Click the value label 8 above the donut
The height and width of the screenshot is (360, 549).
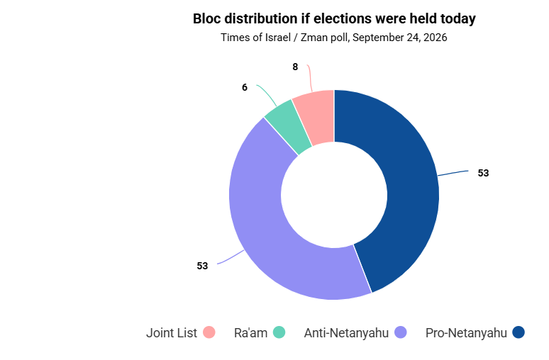(295, 67)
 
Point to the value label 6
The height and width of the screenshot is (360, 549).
(245, 87)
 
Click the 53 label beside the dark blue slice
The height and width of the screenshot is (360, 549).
(483, 173)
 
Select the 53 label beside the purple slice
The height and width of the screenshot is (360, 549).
(202, 266)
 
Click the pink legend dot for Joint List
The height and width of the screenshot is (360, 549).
(209, 332)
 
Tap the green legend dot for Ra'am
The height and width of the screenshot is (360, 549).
(279, 332)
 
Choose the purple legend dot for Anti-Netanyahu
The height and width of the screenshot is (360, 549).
(401, 332)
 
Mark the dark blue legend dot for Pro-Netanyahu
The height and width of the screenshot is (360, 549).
(518, 332)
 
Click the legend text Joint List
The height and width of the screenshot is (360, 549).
(172, 333)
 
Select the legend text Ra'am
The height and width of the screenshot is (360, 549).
(250, 333)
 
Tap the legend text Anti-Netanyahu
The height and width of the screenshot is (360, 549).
(346, 333)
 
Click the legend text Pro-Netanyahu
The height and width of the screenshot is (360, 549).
(466, 333)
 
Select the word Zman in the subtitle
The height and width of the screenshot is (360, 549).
(311, 38)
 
